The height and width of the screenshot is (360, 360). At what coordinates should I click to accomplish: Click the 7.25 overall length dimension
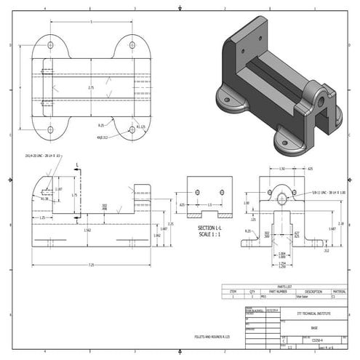(x=91, y=264)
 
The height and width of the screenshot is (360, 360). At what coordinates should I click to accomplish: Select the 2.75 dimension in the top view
(x=91, y=87)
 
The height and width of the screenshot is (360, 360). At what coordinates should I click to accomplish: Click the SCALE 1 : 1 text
(x=209, y=234)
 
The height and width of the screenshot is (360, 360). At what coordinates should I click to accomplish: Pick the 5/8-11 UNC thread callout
(x=324, y=192)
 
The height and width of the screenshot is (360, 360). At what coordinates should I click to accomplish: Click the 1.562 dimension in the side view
(x=87, y=231)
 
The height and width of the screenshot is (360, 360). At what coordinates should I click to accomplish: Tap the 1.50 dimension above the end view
(x=282, y=169)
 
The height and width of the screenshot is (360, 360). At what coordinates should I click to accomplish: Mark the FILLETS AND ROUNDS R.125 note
(x=211, y=337)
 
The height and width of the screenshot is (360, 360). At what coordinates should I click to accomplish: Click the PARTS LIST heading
(x=286, y=286)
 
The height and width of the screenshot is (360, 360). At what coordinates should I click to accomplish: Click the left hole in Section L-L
(x=198, y=193)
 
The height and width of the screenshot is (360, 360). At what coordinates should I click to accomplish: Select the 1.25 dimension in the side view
(x=43, y=217)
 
